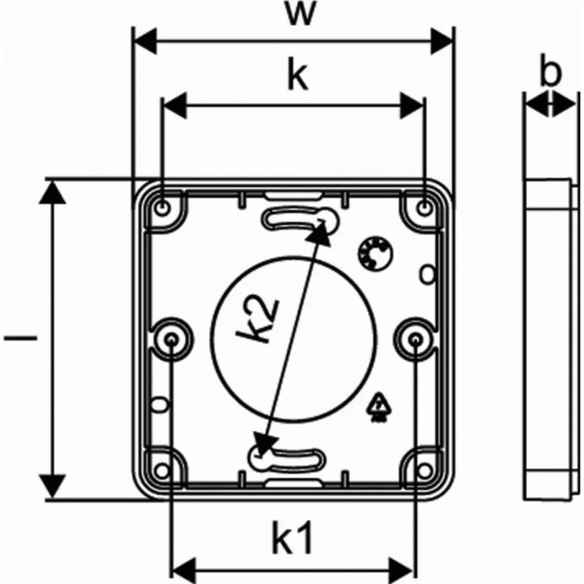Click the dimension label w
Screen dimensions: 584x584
[x=295, y=13]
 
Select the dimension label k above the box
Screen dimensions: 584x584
[x=294, y=76]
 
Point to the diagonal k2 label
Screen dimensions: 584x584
[x=259, y=321]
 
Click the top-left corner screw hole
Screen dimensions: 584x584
[x=163, y=207]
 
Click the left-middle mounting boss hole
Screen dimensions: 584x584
[x=172, y=339]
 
